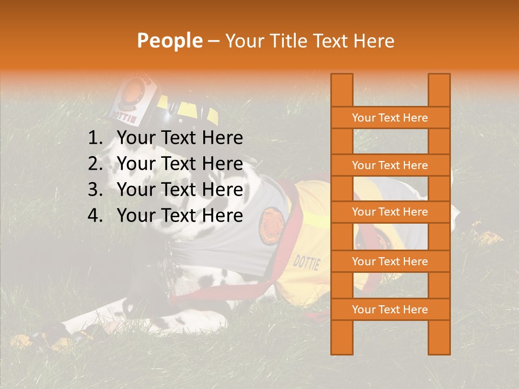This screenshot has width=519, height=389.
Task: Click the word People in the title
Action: point(169,41)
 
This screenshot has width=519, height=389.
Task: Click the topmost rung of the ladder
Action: point(390,118)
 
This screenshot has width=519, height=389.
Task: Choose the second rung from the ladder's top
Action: point(390,165)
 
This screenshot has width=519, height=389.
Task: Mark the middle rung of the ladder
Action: point(390,212)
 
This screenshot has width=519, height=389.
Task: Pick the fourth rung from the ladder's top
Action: point(390,261)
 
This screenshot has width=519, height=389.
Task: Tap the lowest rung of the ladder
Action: point(390,310)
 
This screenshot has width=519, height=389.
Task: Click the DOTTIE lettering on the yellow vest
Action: point(307,263)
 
